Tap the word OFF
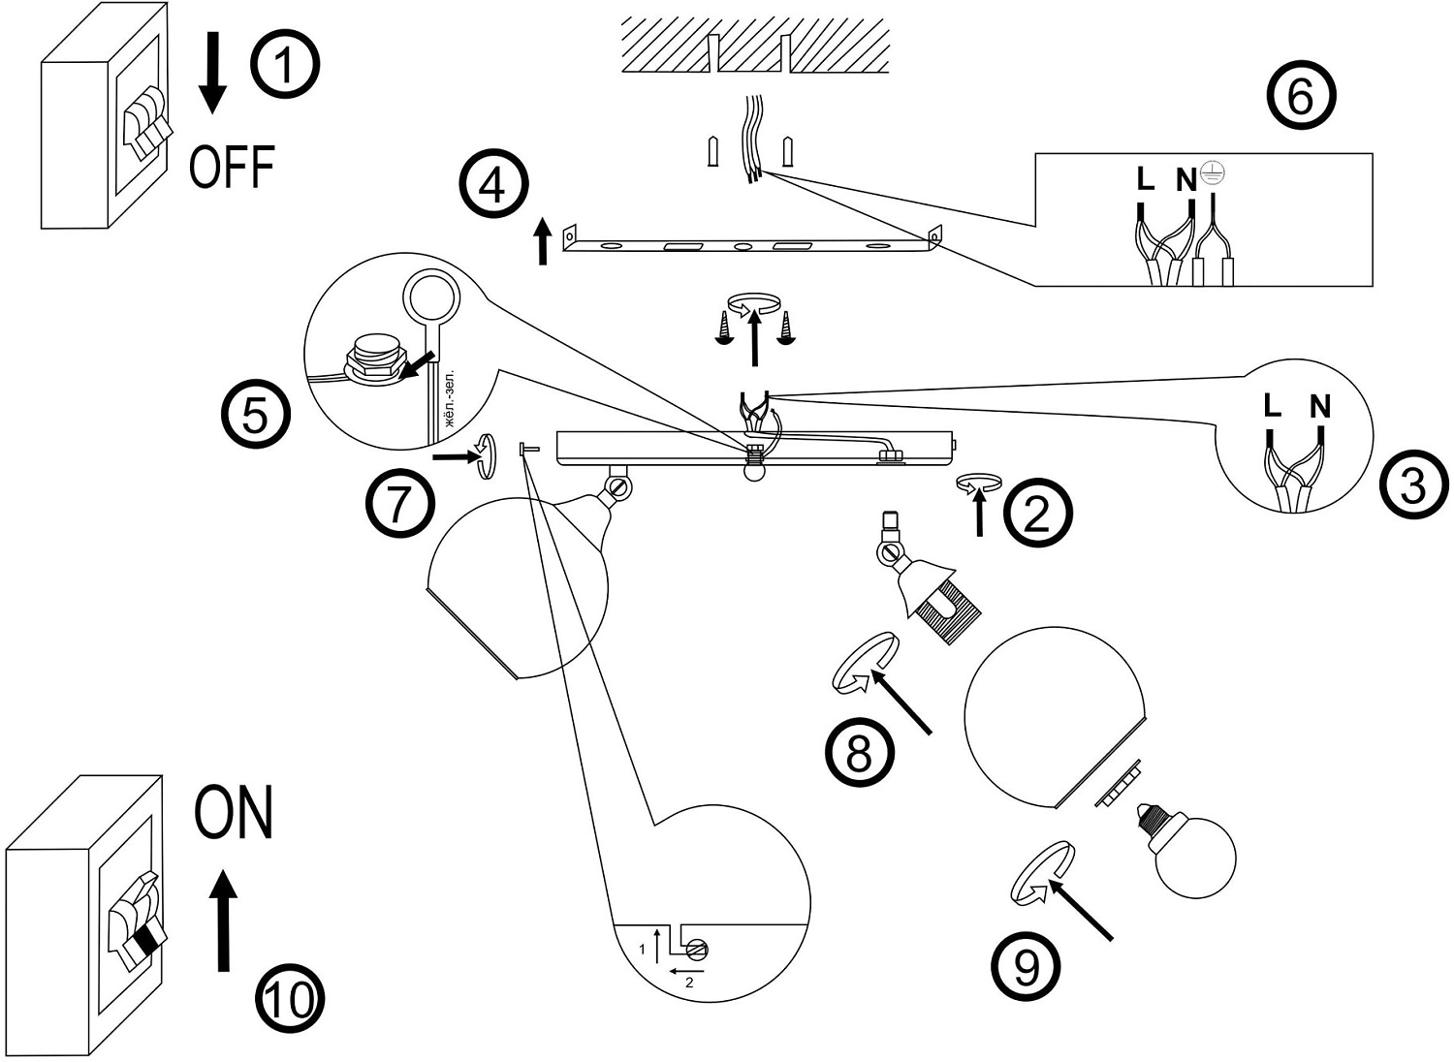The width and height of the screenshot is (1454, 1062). click(x=232, y=167)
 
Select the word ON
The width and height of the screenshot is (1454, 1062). click(x=234, y=813)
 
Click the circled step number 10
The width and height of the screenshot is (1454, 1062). click(x=289, y=998)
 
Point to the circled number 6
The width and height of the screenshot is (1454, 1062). click(x=1301, y=98)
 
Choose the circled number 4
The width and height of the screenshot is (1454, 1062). click(x=494, y=184)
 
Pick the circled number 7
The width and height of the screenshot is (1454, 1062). click(x=399, y=505)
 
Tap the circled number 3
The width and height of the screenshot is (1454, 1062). click(x=1413, y=484)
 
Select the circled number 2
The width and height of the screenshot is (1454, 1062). click(x=1036, y=513)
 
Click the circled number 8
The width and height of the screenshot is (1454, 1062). click(x=859, y=752)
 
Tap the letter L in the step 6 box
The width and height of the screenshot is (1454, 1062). click(x=1146, y=179)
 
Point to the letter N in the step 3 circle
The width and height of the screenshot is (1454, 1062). click(x=1319, y=407)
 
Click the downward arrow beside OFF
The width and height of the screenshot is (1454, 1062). click(x=213, y=73)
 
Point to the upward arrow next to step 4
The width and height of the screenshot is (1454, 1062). click(x=543, y=242)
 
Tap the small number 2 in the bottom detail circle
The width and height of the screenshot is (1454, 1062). click(x=689, y=983)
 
